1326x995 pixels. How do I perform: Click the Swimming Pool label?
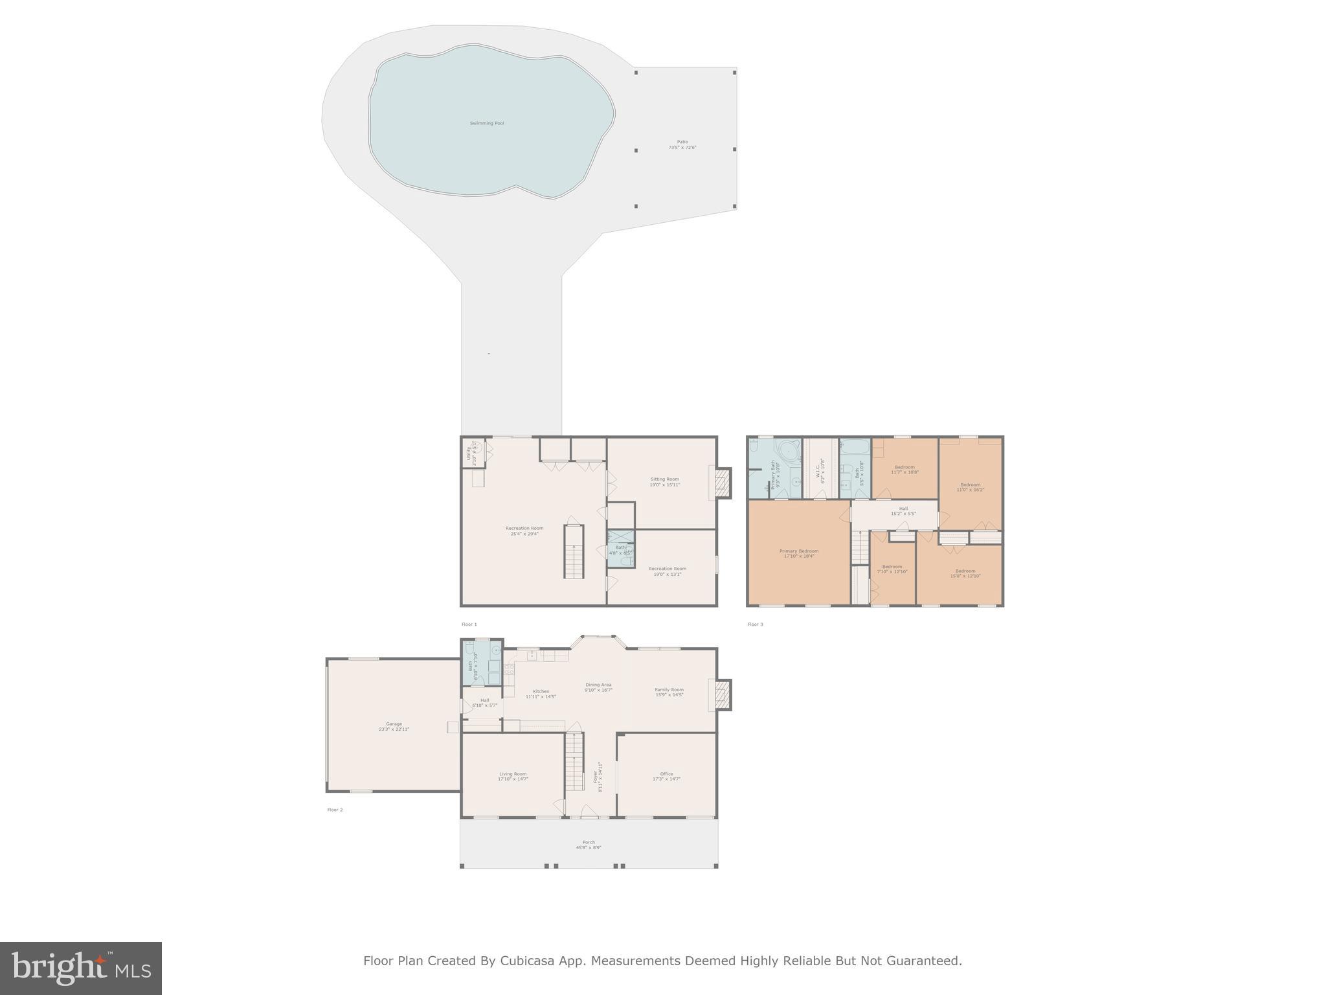(487, 123)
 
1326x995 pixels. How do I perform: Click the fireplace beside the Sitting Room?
(723, 483)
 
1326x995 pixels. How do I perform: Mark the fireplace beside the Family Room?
(723, 695)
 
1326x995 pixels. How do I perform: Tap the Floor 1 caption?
(469, 624)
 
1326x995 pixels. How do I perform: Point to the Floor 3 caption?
(755, 624)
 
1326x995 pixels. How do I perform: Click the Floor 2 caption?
(335, 810)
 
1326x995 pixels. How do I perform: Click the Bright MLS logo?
(81, 968)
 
